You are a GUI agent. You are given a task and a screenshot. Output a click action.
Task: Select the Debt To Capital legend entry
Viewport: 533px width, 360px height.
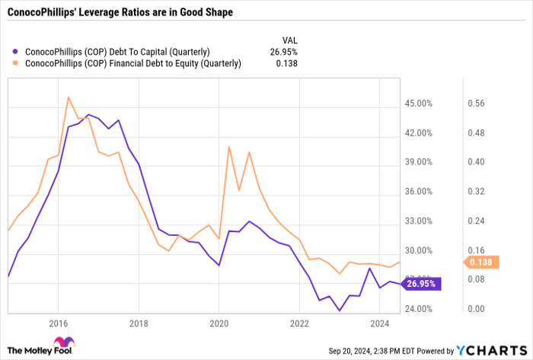click(x=118, y=52)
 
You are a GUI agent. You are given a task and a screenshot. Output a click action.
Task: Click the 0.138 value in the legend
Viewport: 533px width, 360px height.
click(x=286, y=63)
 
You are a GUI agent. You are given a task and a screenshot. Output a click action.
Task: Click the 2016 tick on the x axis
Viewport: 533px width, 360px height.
click(x=58, y=323)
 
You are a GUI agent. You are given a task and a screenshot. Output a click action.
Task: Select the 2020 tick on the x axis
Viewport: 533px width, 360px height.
click(x=219, y=323)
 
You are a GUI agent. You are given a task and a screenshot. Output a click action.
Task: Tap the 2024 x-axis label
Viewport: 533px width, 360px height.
click(x=380, y=323)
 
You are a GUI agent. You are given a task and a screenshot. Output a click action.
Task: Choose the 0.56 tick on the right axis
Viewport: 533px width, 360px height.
click(x=477, y=104)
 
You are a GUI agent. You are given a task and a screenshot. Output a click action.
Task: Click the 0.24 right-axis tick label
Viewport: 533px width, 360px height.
click(x=477, y=221)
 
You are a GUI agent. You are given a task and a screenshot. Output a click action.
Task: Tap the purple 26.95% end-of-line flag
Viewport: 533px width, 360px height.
click(x=420, y=283)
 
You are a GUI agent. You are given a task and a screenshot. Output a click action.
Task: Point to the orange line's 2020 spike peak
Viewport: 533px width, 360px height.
click(x=229, y=146)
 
